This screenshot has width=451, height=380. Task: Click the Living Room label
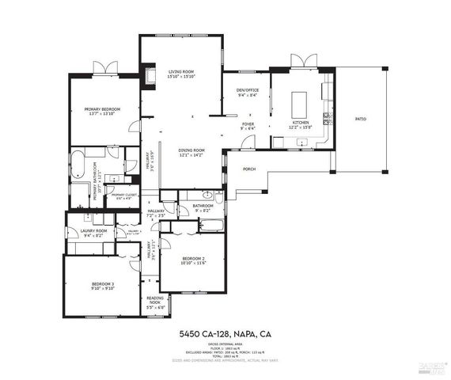(181, 72)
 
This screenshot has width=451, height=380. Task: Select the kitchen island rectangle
(299, 104)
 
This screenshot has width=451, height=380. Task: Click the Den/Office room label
(248, 90)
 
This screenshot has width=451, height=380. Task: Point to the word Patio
(360, 119)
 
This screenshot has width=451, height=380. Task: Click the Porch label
(249, 169)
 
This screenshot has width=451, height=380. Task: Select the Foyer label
(248, 124)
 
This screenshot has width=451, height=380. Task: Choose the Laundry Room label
(93, 230)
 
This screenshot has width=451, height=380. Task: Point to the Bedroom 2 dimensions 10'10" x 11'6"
(192, 263)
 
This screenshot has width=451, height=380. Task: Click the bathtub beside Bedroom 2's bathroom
(211, 226)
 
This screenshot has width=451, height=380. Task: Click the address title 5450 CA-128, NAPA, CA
(225, 333)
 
